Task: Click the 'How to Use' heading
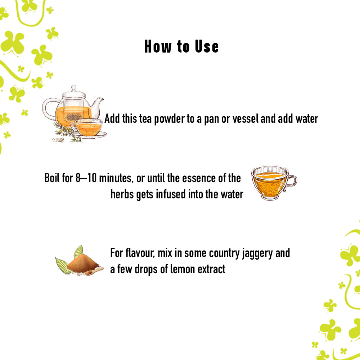[x=181, y=47]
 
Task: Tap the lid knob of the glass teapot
[x=73, y=87]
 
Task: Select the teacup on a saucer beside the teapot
[x=87, y=128]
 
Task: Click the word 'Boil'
[x=53, y=178]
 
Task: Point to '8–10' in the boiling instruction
[x=86, y=178]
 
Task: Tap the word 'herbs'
[x=122, y=194]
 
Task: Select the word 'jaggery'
[x=255, y=253]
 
